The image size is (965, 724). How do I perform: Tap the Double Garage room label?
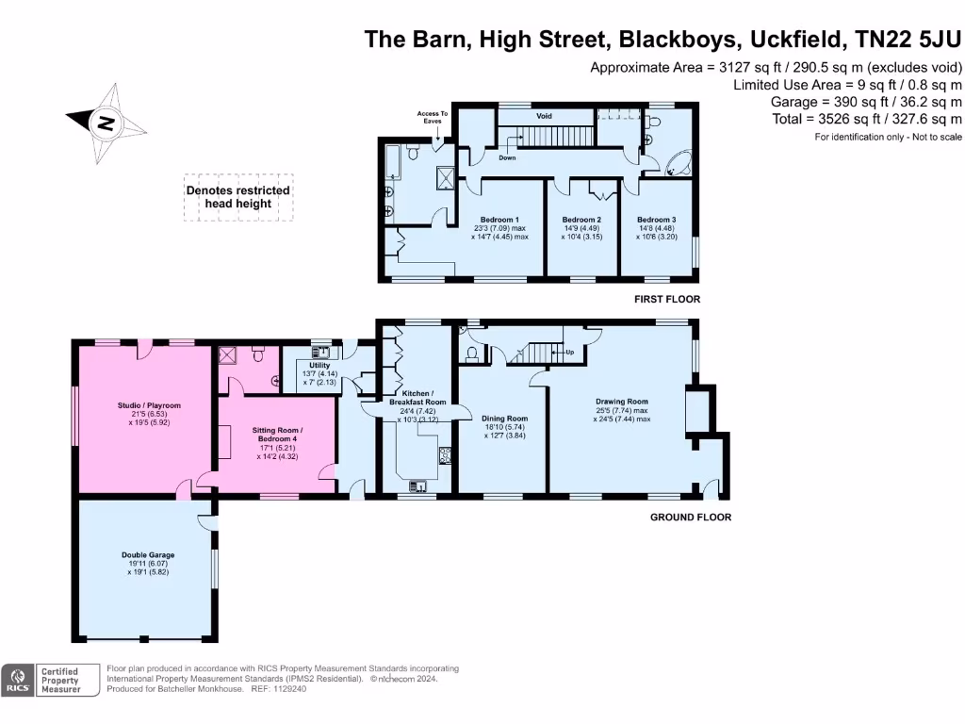pyautogui.click(x=147, y=555)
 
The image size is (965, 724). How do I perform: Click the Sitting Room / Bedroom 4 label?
pyautogui.click(x=277, y=430)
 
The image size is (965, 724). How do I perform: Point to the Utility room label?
pyautogui.click(x=319, y=365)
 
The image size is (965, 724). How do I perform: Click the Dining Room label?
pyautogui.click(x=504, y=418)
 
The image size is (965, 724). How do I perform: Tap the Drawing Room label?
pyautogui.click(x=622, y=402)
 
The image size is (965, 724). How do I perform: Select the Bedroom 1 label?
pyautogui.click(x=499, y=219)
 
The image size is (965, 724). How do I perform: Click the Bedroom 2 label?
pyautogui.click(x=581, y=219)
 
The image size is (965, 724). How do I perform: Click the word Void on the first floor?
pyautogui.click(x=544, y=116)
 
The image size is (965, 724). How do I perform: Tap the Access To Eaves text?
pyautogui.click(x=433, y=118)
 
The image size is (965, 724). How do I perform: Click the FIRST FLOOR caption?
pyautogui.click(x=667, y=299)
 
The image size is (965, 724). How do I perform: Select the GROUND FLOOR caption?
pyautogui.click(x=691, y=517)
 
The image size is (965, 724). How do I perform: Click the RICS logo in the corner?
pyautogui.click(x=16, y=680)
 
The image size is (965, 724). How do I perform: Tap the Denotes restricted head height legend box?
pyautogui.click(x=238, y=197)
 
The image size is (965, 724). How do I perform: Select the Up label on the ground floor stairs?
pyautogui.click(x=569, y=352)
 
